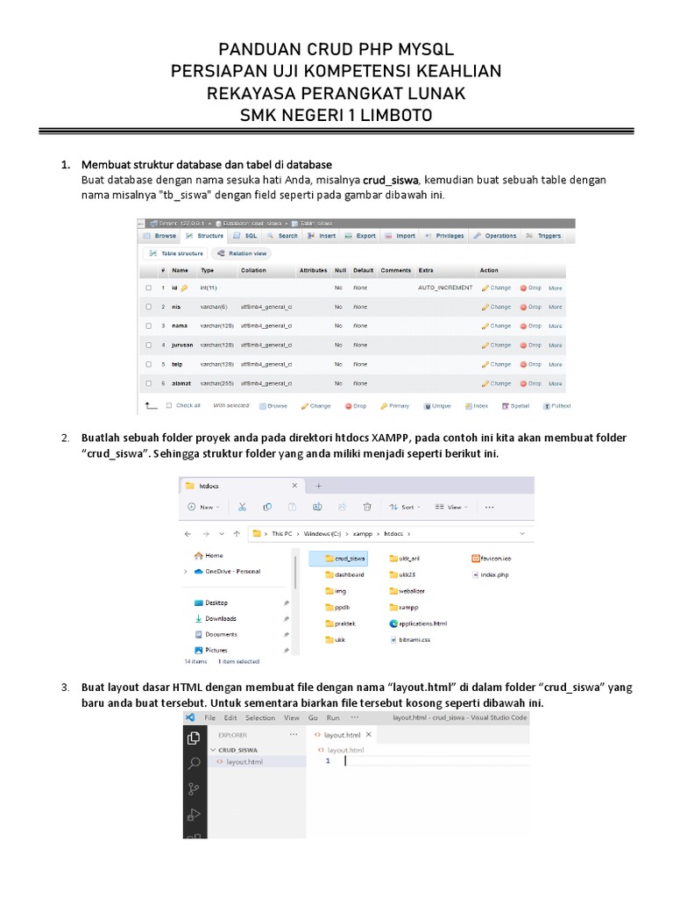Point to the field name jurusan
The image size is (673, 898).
tap(182, 346)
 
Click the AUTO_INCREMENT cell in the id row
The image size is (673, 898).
tap(445, 288)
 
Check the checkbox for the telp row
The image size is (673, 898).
tap(149, 365)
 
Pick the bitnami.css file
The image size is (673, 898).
tap(416, 640)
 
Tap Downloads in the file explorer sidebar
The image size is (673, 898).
tap(221, 618)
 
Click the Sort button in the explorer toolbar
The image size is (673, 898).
tap(404, 507)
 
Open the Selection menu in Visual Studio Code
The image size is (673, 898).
tap(260, 717)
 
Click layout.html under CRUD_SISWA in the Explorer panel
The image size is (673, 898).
tap(244, 762)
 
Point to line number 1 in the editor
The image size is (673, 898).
tap(328, 762)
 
